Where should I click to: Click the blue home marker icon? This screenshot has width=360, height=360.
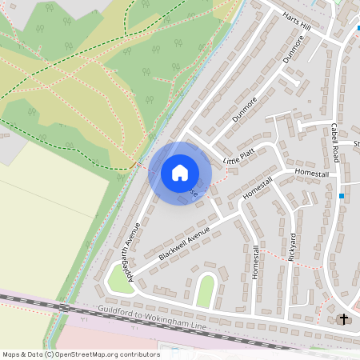[180, 173]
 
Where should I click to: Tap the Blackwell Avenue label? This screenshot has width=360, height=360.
[184, 243]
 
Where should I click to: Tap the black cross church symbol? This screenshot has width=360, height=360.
[344, 319]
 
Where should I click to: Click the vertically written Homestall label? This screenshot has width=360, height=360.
[257, 262]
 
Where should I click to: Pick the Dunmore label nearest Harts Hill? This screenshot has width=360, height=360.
[294, 49]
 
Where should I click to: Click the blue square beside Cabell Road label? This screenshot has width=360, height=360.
[342, 195]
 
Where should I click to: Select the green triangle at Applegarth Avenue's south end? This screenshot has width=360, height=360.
[117, 277]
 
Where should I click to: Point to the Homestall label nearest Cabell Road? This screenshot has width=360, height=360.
[312, 173]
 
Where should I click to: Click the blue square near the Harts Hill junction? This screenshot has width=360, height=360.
[357, 30]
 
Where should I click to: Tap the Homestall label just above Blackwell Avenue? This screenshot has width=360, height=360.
[258, 189]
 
